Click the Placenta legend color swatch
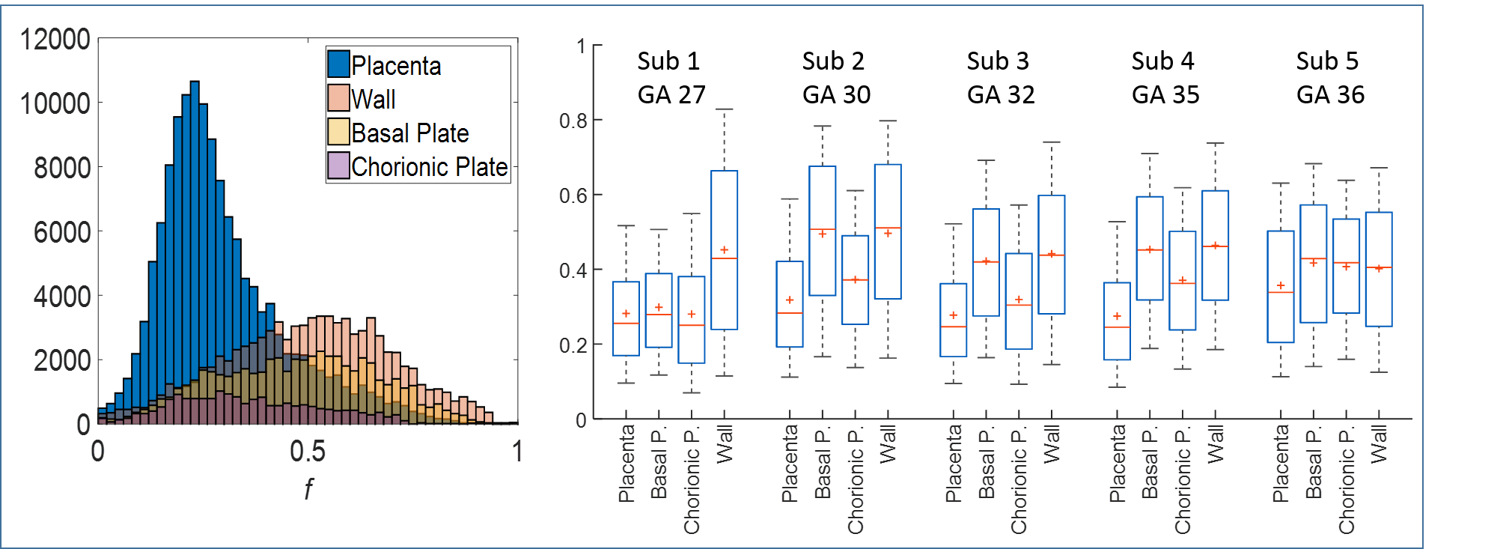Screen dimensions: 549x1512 [338, 64]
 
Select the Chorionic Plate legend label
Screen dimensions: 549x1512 [429, 166]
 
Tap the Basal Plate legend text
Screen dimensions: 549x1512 [409, 133]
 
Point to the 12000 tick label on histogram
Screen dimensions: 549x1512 [55, 39]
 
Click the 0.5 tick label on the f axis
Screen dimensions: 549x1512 [308, 451]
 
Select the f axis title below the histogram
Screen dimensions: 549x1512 [308, 488]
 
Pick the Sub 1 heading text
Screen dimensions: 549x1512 [668, 61]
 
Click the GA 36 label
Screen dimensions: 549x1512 [1330, 94]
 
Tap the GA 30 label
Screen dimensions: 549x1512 [836, 94]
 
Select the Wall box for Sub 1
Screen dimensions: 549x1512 [724, 250]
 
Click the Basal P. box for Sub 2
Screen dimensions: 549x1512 [823, 231]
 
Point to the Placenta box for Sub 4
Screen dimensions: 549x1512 [1117, 321]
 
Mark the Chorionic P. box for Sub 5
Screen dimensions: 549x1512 [1346, 266]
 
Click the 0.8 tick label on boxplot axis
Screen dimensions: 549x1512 [573, 121]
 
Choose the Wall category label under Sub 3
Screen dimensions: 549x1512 [1052, 443]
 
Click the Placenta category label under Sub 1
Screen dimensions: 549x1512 [627, 463]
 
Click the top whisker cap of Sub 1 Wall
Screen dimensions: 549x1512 [724, 109]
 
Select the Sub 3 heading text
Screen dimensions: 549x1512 [998, 61]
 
